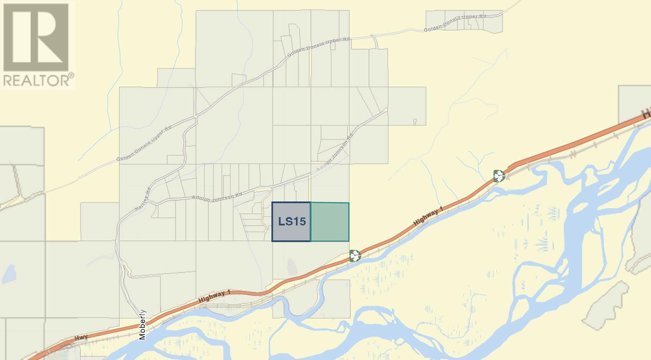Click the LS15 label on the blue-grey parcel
pyautogui.click(x=292, y=222)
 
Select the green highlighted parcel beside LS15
pyautogui.click(x=330, y=222)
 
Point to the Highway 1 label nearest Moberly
pyautogui.click(x=214, y=296)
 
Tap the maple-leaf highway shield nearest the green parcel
pyautogui.click(x=354, y=255)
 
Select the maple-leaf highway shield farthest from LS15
pyautogui.click(x=499, y=176)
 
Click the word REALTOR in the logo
pyautogui.click(x=36, y=80)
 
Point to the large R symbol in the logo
pyautogui.click(x=36, y=37)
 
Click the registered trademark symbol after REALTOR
pyautogui.click(x=72, y=75)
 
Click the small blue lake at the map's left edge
pyautogui.click(x=9, y=273)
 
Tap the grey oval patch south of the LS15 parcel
pyautogui.click(x=293, y=265)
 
